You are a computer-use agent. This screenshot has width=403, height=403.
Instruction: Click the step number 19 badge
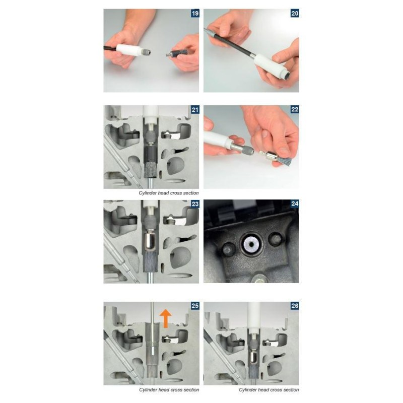[x=195, y=13]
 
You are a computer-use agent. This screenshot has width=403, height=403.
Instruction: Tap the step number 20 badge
[x=295, y=13]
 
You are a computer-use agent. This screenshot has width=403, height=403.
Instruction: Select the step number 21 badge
[x=195, y=110]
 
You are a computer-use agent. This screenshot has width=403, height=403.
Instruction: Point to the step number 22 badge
[x=295, y=109]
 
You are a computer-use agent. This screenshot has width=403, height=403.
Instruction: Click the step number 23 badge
[x=195, y=204]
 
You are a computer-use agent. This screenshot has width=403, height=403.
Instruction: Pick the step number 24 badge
[x=295, y=204]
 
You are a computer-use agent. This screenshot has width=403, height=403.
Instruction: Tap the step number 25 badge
[x=195, y=306]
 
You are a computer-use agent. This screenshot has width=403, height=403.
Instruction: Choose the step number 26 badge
[x=295, y=306]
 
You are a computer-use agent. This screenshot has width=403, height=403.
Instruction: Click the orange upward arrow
[x=166, y=318]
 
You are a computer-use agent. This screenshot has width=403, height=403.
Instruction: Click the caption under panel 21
[x=169, y=193]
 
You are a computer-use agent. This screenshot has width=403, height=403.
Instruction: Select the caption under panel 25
[x=169, y=389]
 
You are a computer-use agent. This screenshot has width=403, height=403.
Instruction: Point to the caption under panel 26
[x=269, y=389]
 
